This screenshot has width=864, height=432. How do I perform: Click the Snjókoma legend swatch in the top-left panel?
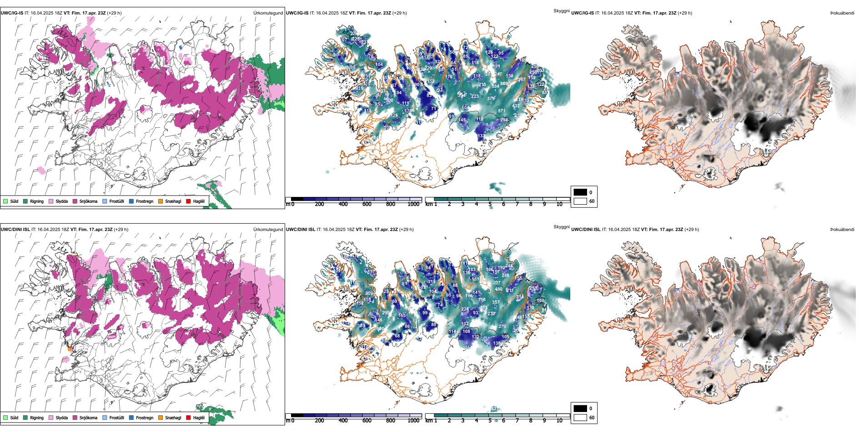(x=75, y=201)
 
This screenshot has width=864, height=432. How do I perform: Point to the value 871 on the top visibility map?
(x=502, y=111)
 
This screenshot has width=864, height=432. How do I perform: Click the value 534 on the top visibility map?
(x=495, y=86)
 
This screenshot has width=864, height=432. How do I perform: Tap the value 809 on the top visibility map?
(x=504, y=84)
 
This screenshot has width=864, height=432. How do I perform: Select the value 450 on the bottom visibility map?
(x=498, y=289)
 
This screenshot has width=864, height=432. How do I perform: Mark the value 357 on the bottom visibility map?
(x=496, y=302)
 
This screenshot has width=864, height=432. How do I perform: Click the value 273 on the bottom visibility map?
(x=502, y=326)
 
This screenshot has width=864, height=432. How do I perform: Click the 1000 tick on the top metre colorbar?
(x=413, y=204)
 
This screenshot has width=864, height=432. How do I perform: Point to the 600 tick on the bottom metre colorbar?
(x=367, y=421)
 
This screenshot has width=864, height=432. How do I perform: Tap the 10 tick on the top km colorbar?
(x=559, y=204)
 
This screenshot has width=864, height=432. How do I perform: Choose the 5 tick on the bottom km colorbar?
(x=490, y=421)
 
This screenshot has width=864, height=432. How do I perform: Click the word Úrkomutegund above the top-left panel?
(x=268, y=13)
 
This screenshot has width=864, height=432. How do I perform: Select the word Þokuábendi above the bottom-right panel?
(x=842, y=230)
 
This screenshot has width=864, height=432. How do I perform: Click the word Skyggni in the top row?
(x=561, y=11)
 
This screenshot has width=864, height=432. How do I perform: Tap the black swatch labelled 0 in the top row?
(x=580, y=192)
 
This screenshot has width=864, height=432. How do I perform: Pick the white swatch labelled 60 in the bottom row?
(x=580, y=417)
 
